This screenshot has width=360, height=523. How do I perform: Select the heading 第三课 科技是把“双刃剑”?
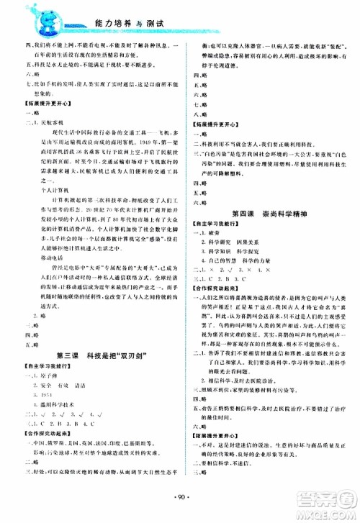click(91, 357)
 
